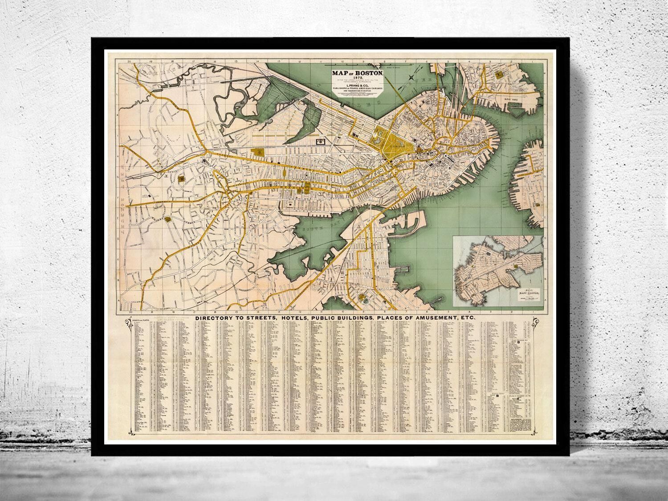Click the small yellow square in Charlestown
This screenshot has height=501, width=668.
(x=498, y=72)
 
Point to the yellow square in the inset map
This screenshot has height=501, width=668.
(x=516, y=266)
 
